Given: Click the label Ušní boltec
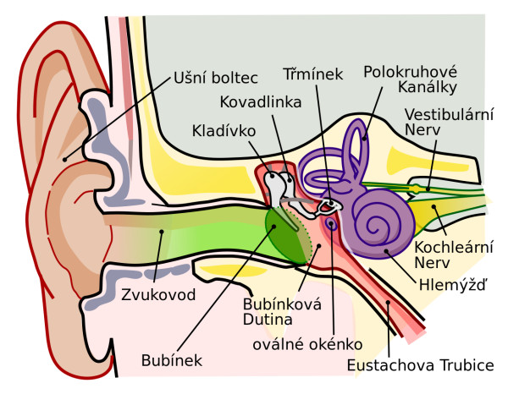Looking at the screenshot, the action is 215,78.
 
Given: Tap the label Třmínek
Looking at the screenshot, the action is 313,74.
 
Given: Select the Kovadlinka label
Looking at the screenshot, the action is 261,102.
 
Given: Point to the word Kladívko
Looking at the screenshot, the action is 224,131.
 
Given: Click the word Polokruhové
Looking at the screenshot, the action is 410,73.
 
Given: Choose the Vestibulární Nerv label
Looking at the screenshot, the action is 449,123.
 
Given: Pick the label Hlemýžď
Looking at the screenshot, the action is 453,284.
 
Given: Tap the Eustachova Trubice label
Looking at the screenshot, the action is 421,365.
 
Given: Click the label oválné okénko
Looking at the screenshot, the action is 307,344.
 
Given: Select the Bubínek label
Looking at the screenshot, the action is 172,360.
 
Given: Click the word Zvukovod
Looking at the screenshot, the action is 158,295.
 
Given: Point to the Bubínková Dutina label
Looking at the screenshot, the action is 282,312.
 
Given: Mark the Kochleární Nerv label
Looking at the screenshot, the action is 454,254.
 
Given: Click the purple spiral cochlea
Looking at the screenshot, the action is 383,223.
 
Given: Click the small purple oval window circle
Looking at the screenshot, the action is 331,223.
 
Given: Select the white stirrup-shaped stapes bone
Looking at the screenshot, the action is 329,205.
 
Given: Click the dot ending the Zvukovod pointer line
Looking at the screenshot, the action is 162,232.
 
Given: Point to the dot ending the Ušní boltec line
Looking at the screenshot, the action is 65,159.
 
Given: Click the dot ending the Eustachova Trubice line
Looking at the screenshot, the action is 388,302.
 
